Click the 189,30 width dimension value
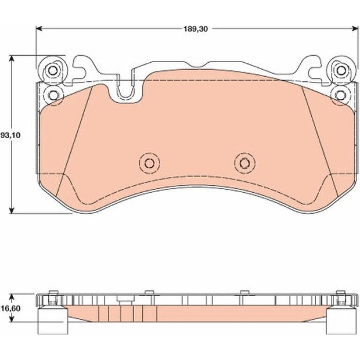pyautogui.click(x=195, y=29)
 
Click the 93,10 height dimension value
pyautogui.click(x=10, y=135)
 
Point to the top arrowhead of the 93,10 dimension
pyautogui.click(x=12, y=59)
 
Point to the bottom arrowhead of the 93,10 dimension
pyautogui.click(x=12, y=210)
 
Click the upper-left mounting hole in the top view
pyautogui.click(x=53, y=70)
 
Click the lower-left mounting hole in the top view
pyautogui.click(x=54, y=95)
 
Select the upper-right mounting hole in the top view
pyautogui.click(x=341, y=70)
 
